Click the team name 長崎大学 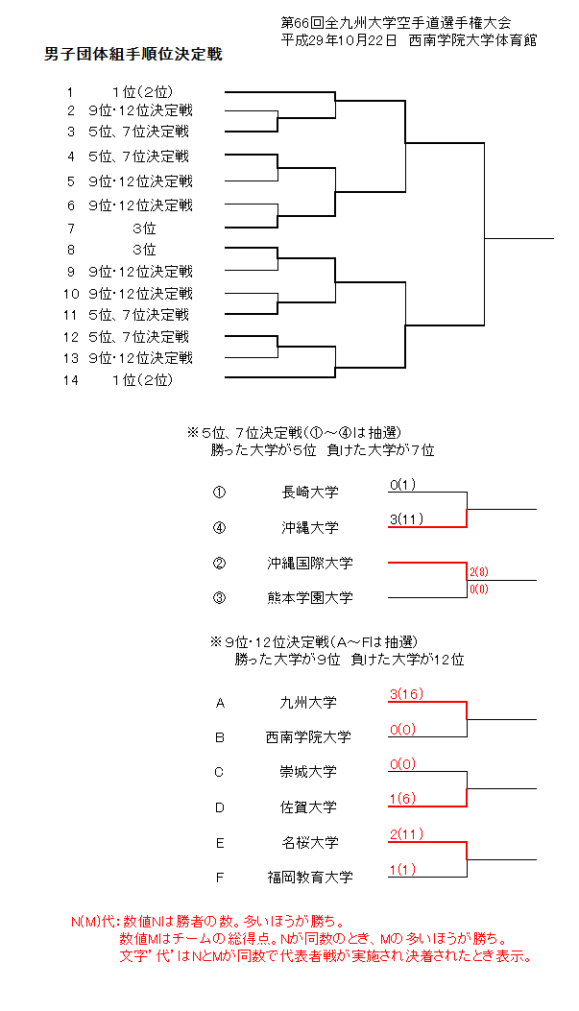(309, 493)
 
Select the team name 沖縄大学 (309, 527)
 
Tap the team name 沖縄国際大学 (309, 563)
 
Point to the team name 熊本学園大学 (309, 597)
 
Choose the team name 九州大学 (309, 703)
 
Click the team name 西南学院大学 (309, 737)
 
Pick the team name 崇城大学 (309, 772)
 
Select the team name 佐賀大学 (309, 807)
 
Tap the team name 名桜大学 (309, 843)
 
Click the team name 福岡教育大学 (309, 877)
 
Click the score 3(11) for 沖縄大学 (407, 519)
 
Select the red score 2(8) (479, 571)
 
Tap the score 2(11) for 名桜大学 (407, 834)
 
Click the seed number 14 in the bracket (70, 379)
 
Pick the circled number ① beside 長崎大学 (220, 493)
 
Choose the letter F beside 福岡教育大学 (220, 877)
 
